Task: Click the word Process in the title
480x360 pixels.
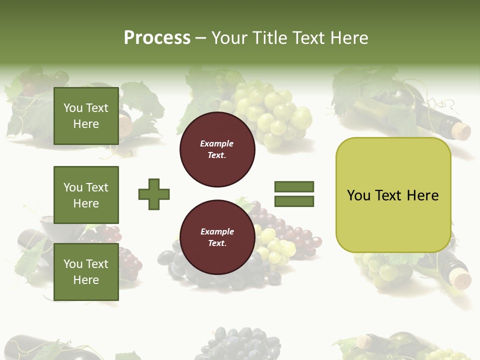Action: [157, 38]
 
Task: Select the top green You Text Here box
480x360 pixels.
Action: [86, 116]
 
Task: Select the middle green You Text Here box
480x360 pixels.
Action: [86, 195]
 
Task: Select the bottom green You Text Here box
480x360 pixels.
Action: [86, 272]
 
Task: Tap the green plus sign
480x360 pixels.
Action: [154, 194]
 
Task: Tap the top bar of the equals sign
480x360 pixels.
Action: [294, 186]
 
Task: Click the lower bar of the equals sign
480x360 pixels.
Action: [294, 201]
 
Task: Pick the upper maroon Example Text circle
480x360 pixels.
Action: [217, 149]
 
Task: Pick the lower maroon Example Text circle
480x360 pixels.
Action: [217, 237]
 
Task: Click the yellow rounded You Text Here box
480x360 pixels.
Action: [393, 195]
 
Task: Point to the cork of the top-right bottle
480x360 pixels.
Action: [461, 131]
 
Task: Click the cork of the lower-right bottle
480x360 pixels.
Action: [459, 278]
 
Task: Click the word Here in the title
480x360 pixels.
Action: [349, 38]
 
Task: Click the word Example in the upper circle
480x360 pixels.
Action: [217, 143]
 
